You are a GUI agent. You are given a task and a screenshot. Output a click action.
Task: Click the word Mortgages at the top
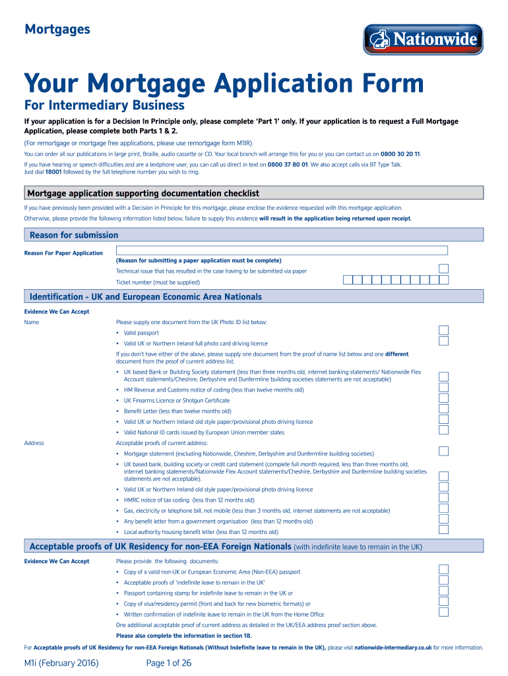(57, 29)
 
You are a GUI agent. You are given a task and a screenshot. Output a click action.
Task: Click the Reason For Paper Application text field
(282, 250)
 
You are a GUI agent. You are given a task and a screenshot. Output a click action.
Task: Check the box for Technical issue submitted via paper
(444, 268)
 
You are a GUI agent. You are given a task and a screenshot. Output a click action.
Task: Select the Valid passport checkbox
(444, 330)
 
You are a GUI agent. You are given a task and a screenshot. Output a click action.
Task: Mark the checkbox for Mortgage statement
(444, 451)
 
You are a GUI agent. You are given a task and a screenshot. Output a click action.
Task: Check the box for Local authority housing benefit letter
(444, 529)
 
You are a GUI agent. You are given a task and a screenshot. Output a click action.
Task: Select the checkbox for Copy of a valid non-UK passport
(444, 569)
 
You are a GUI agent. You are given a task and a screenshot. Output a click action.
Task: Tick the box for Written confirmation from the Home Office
(444, 611)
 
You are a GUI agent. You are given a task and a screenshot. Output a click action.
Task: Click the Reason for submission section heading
(74, 235)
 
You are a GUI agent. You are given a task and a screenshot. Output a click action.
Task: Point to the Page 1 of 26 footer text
(169, 662)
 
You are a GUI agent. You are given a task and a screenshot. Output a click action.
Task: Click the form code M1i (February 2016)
(61, 662)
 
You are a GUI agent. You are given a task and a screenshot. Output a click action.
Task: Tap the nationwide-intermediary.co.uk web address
(393, 648)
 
